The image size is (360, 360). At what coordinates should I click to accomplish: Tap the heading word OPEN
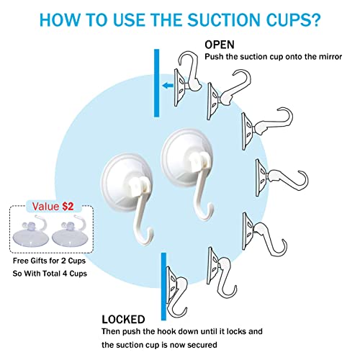220,45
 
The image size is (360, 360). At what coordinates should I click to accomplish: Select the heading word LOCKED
123,320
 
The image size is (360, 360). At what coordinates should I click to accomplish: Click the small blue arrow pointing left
168,85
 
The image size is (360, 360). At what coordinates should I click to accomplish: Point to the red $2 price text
68,207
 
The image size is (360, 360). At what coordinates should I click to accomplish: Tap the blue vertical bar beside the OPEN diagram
156,83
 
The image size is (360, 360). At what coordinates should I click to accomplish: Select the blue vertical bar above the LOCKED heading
163,287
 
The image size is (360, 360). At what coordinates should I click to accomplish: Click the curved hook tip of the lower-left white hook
147,238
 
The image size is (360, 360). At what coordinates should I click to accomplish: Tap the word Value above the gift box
45,207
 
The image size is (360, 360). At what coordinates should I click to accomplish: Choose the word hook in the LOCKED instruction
166,331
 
